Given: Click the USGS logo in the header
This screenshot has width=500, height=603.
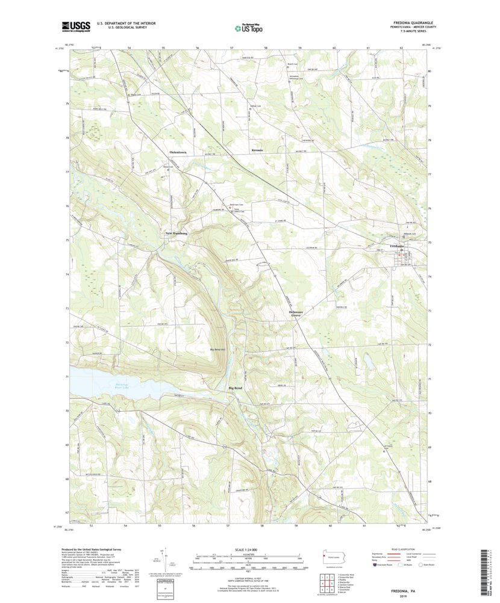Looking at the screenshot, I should tap(76, 26).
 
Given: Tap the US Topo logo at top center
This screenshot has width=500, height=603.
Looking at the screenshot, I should tap(249, 27).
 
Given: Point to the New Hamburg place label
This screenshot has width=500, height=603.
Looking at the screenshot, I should tap(177, 233).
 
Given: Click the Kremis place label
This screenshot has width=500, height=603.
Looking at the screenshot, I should tap(257, 150).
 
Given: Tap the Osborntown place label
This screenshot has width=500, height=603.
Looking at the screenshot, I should tap(178, 152).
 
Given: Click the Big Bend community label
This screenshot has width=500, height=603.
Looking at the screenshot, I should tap(236, 388).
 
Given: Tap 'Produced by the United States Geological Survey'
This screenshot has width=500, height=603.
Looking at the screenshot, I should tap(96, 549).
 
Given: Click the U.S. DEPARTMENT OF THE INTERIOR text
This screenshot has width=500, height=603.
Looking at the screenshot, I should tap(122, 23).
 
